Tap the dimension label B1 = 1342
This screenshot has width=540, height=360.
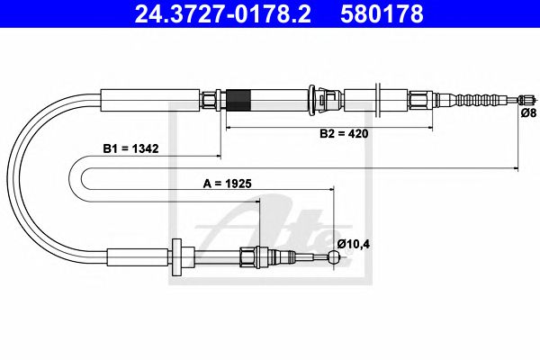pos(130,150)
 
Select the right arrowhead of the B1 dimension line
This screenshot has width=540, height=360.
pos(515,168)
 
